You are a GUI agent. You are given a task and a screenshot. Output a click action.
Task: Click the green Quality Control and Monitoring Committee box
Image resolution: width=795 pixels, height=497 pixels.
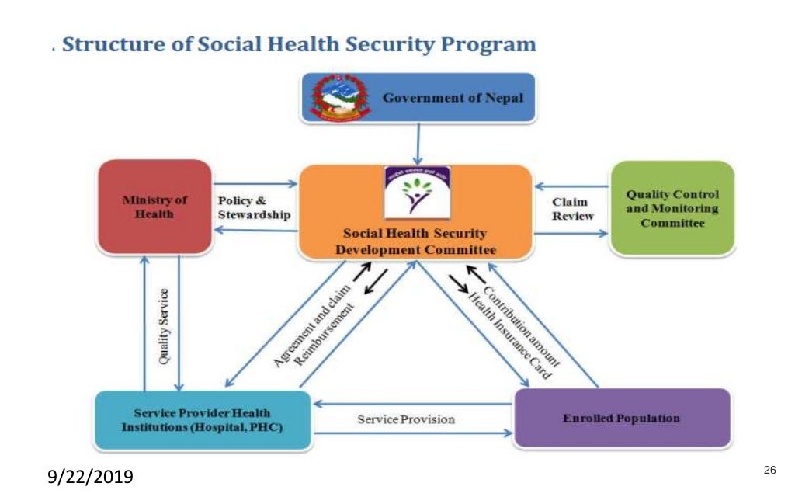672,208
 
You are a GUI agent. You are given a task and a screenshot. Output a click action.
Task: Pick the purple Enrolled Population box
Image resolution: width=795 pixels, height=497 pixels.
621,419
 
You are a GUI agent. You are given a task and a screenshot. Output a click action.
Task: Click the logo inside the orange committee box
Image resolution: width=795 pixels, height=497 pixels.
417,193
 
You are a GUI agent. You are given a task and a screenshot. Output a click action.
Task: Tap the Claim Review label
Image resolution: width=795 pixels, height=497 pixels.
572,208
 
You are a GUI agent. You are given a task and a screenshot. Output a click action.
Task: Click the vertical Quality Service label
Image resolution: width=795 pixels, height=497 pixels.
164,327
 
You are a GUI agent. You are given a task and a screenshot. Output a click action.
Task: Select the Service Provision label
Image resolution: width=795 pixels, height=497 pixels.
405,419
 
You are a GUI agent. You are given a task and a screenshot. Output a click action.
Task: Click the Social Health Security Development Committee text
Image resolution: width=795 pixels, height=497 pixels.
415,242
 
